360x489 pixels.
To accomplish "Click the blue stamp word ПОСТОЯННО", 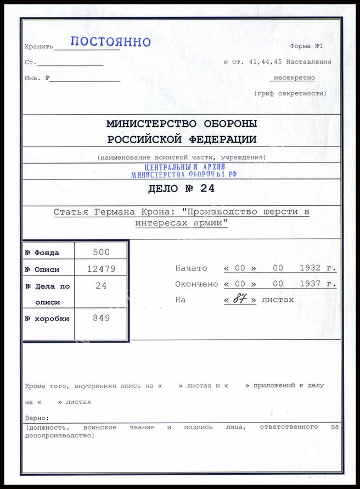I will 110,42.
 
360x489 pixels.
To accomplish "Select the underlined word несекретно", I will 295,78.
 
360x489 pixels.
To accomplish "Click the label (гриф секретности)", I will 290,94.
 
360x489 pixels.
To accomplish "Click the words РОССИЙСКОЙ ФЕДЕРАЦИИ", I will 181,139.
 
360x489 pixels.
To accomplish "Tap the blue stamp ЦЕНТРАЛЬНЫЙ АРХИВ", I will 184,167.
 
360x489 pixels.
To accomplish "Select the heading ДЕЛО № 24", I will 181,189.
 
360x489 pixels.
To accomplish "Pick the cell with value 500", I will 101,252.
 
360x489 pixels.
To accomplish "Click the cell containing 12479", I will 101,269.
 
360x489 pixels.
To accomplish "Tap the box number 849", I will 101,318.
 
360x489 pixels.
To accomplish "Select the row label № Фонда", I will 42,253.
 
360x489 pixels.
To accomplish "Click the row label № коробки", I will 48,319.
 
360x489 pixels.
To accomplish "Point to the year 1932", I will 311,268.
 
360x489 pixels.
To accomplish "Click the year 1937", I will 311,284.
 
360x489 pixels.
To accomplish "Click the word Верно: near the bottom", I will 37,418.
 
